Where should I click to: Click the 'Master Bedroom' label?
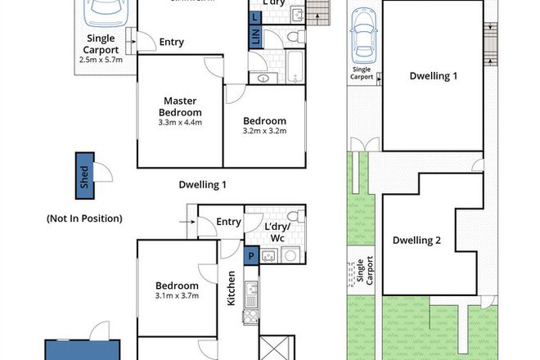[179, 106]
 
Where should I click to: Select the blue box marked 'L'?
[255, 17]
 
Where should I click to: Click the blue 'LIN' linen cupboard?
[255, 37]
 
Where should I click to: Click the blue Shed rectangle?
[84, 176]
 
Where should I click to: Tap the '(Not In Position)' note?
[84, 218]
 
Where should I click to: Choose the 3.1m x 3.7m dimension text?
[178, 296]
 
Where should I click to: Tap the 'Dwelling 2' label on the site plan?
[416, 241]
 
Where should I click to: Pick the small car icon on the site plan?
[362, 39]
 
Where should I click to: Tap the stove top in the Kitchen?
[252, 315]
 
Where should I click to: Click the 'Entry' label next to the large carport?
[171, 43]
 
